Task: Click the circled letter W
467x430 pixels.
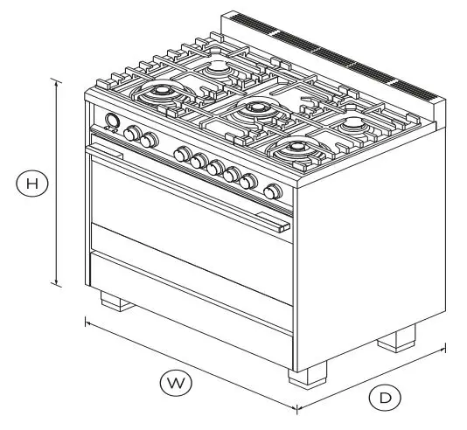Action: (x=176, y=382)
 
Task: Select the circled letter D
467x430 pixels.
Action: (x=384, y=398)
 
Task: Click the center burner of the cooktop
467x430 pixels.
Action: (x=257, y=108)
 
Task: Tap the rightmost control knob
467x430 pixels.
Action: (x=273, y=191)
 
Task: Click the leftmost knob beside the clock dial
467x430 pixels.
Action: (x=132, y=134)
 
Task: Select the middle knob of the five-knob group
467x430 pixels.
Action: (x=214, y=166)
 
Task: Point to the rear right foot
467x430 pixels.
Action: (x=398, y=338)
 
